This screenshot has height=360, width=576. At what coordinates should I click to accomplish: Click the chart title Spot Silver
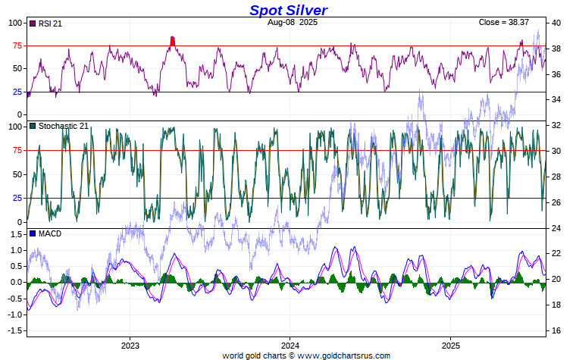tap(288, 10)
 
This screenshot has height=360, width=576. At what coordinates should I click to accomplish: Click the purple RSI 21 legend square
tap(32, 23)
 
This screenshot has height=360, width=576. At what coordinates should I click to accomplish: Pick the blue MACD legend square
tap(32, 233)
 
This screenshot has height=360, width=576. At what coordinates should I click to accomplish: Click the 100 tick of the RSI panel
tap(16, 23)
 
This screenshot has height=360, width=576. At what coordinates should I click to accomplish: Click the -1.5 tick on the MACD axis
tap(14, 331)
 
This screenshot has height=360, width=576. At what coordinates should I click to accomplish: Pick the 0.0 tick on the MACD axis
tap(15, 283)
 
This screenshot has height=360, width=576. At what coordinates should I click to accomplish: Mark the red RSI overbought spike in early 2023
tap(173, 41)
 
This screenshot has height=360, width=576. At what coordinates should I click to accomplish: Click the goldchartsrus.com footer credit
tap(306, 355)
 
